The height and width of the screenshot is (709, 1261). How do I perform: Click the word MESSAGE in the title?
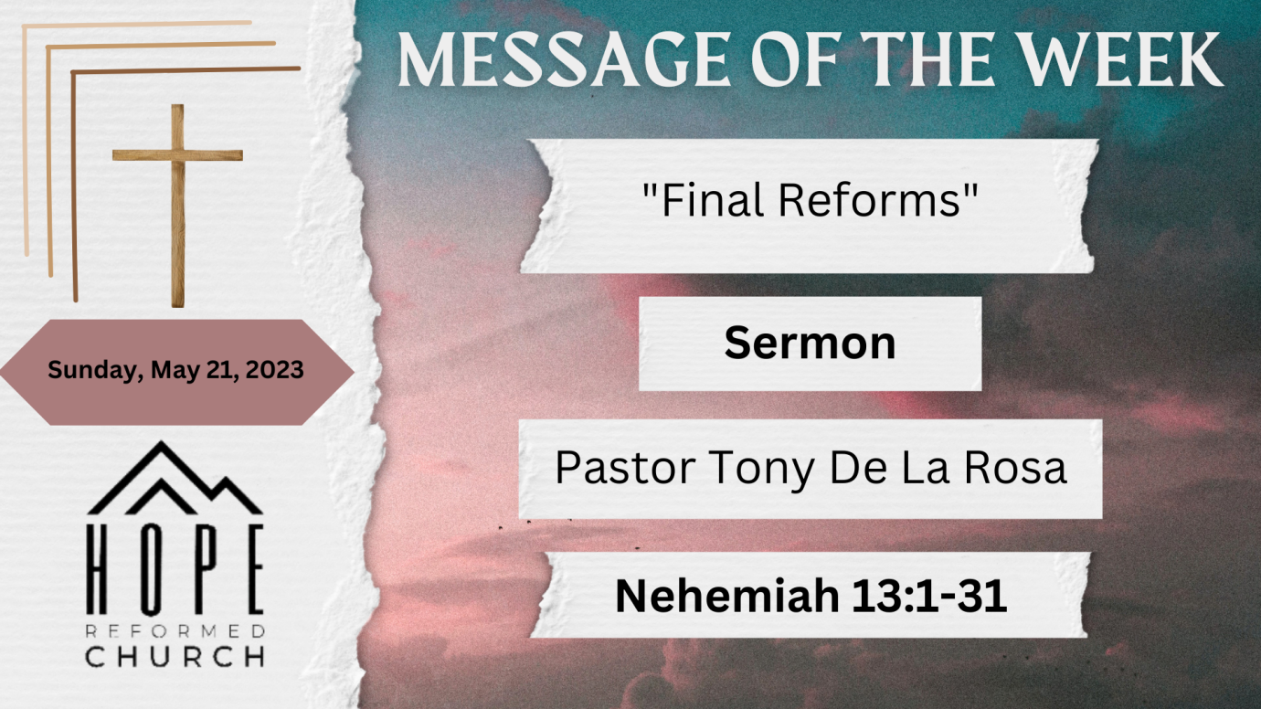click(x=564, y=60)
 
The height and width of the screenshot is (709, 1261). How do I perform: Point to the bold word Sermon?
click(x=810, y=343)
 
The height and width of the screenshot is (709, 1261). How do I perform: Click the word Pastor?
click(x=625, y=468)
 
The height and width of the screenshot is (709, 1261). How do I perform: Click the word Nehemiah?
click(x=726, y=596)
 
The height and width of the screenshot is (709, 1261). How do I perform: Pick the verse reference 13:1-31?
click(x=929, y=596)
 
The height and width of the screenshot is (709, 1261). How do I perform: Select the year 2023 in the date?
click(x=275, y=370)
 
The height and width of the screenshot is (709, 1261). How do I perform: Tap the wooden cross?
click(x=178, y=206)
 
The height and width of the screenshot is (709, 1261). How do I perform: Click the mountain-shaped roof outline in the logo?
click(x=175, y=478)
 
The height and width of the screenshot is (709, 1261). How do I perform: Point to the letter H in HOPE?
click(x=97, y=569)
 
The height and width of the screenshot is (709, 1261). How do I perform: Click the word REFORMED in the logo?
click(x=175, y=631)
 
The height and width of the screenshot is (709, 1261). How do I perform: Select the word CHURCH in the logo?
click(x=175, y=657)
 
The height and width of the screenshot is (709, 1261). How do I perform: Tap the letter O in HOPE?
click(x=152, y=569)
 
